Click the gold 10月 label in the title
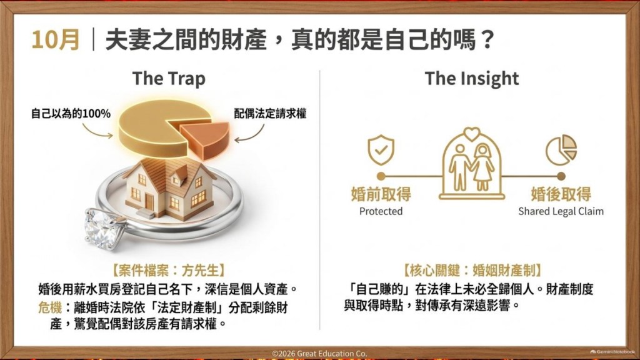[55, 40]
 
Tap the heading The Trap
[169, 78]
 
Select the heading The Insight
[471, 78]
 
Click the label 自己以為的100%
[71, 114]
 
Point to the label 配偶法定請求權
[270, 114]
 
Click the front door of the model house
[149, 202]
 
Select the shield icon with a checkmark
[381, 150]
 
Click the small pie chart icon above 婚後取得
[561, 150]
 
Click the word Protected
[381, 211]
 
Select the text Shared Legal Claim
[561, 211]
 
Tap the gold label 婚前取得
[381, 194]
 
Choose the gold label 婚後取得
[561, 194]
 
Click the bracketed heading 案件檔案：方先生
[169, 270]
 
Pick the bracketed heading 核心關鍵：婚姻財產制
[472, 270]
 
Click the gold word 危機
[50, 307]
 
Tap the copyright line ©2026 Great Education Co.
[319, 354]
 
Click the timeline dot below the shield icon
[381, 176]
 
